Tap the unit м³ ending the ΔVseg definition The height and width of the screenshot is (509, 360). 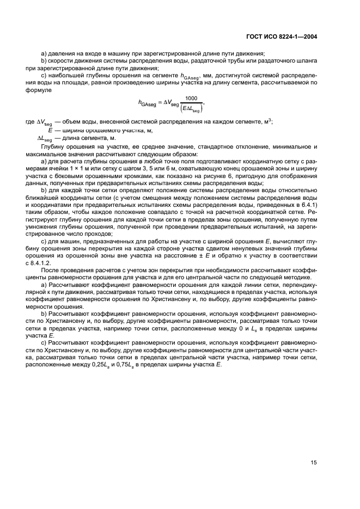tap(269, 121)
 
